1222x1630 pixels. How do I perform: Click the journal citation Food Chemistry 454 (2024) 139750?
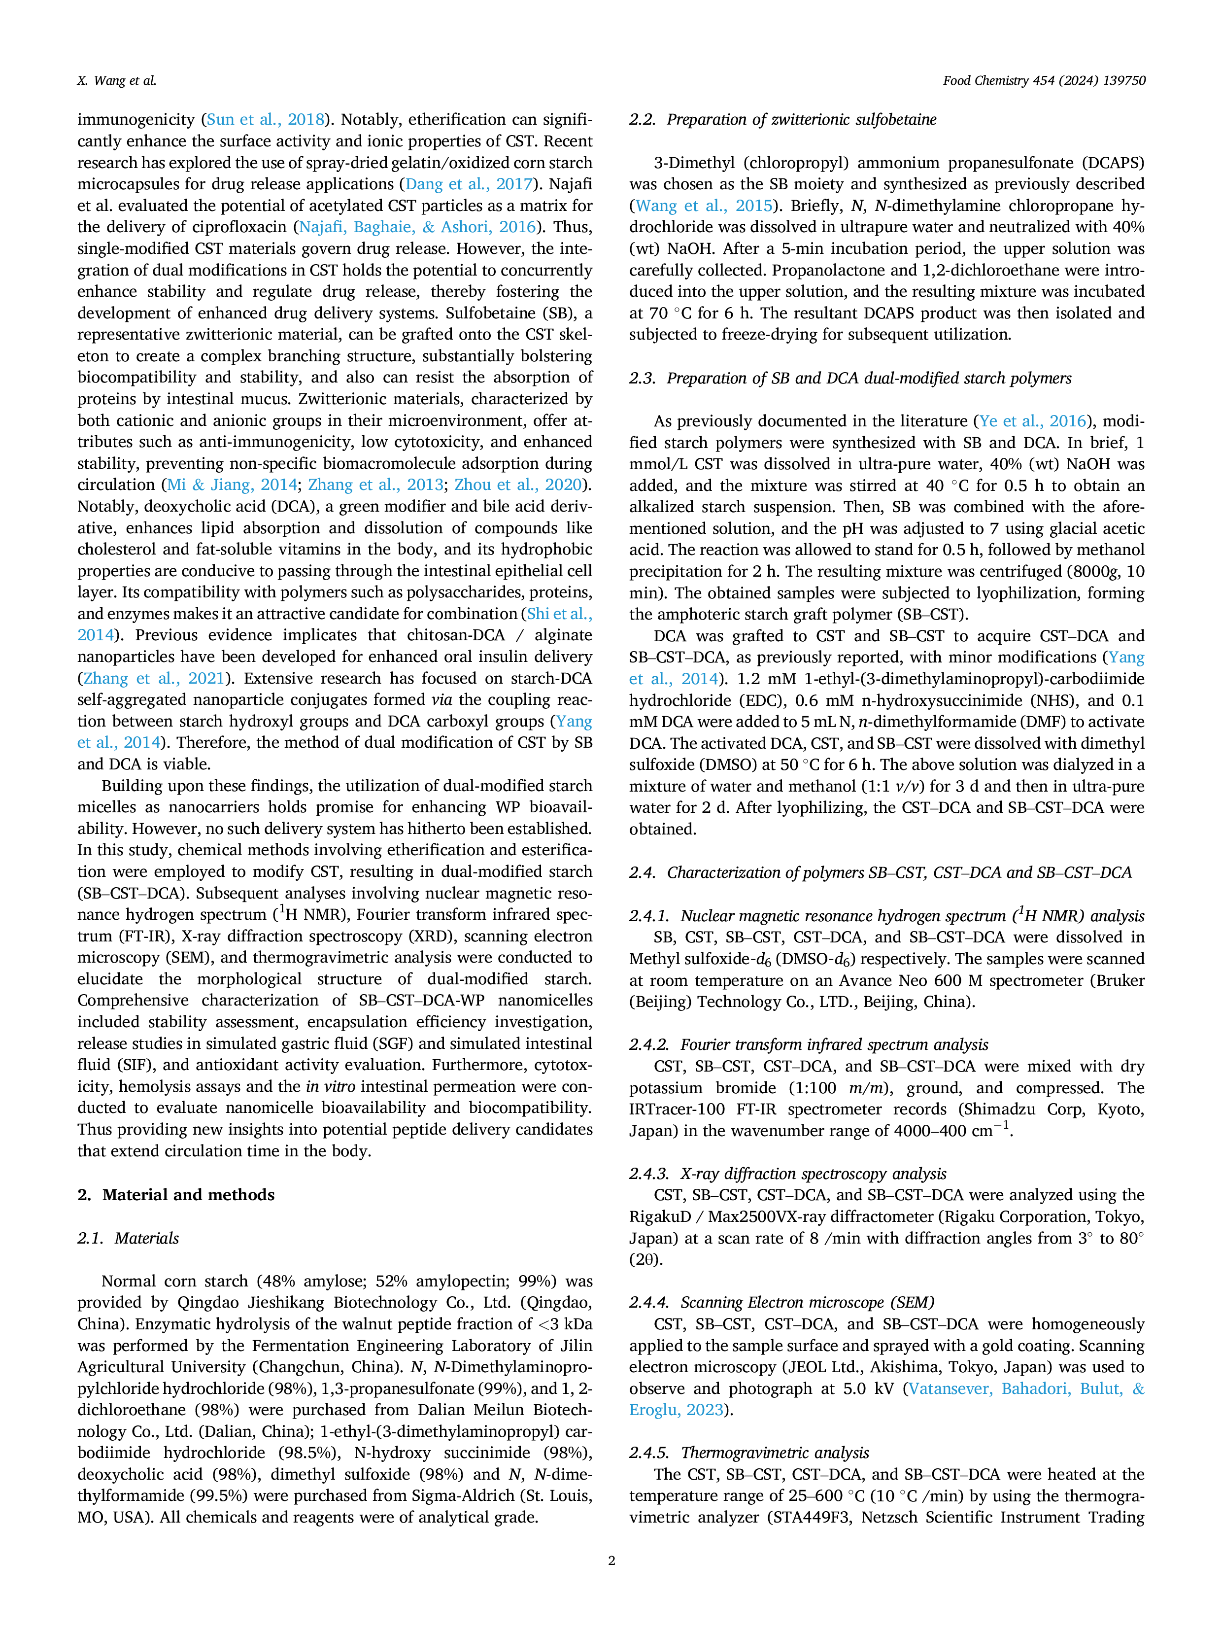pyautogui.click(x=1044, y=81)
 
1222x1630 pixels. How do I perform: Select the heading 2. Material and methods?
pyautogui.click(x=176, y=1194)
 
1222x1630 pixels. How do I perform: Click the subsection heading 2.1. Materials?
pyautogui.click(x=128, y=1238)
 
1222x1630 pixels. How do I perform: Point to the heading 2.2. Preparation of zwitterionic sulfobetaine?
pyautogui.click(x=783, y=119)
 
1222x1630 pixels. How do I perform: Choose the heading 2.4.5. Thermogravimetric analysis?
pyautogui.click(x=749, y=1453)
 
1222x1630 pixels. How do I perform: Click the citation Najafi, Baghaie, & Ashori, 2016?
pyautogui.click(x=417, y=227)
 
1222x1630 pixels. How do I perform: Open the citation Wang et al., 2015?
pyautogui.click(x=704, y=206)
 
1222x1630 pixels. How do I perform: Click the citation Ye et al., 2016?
pyautogui.click(x=1033, y=421)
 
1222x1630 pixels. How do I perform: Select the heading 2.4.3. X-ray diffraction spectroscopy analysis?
pyautogui.click(x=787, y=1174)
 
